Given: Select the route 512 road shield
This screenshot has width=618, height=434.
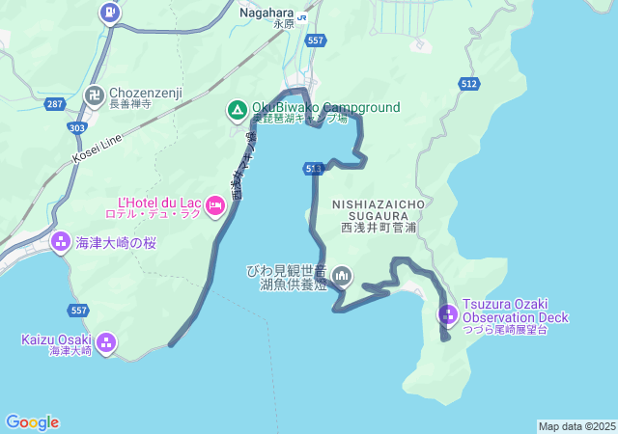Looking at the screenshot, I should (x=469, y=84).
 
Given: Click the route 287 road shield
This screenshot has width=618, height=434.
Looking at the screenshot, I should (x=55, y=102).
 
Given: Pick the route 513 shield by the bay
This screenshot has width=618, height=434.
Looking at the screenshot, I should (x=313, y=169).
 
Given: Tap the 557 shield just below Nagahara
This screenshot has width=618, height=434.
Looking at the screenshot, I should (x=315, y=41).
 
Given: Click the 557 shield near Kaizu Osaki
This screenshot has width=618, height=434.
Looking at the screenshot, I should (x=79, y=310).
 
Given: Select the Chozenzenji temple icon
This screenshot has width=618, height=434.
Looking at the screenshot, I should (x=94, y=95).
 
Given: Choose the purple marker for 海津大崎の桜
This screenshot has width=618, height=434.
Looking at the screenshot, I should (x=60, y=241).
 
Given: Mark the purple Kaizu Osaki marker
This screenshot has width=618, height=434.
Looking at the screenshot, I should (x=105, y=341).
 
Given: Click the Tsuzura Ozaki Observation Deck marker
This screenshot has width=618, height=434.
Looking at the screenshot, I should (x=447, y=314).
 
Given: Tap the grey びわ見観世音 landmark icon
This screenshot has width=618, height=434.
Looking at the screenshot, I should (x=341, y=278).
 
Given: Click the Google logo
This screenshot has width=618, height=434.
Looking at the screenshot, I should (x=32, y=422).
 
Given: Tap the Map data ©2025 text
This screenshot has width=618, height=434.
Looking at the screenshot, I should (x=576, y=426).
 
